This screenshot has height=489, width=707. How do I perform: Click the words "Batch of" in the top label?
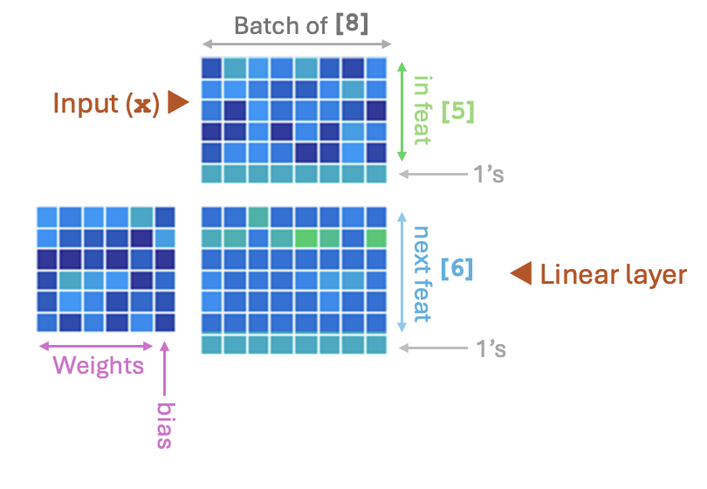[280, 25]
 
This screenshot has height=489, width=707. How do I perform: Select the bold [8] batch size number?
[352, 24]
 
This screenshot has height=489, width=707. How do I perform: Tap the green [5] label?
[457, 111]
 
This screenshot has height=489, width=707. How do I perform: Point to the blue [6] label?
[456, 269]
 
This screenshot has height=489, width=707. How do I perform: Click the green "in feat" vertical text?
[422, 110]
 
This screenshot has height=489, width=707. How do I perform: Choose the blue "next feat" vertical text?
[422, 274]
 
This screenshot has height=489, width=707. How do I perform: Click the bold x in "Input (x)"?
[142, 106]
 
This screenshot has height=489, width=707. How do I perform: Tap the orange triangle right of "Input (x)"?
[178, 102]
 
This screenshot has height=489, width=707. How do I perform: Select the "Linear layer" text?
[614, 275]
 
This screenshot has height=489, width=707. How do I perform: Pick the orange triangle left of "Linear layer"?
[521, 273]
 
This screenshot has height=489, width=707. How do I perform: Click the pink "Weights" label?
[99, 365]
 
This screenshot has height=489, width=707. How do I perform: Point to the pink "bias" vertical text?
[165, 425]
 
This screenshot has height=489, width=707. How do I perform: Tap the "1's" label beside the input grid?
[489, 174]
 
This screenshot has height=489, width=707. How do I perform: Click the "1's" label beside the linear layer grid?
[491, 348]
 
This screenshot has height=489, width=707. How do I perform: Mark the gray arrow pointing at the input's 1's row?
[433, 174]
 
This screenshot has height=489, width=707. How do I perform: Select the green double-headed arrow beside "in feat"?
[402, 112]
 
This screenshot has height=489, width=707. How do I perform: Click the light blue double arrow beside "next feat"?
[402, 272]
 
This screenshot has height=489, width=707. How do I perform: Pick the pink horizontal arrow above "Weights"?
[96, 347]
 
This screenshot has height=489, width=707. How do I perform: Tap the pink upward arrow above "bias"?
[165, 368]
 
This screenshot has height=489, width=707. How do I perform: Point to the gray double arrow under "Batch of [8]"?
[297, 45]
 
